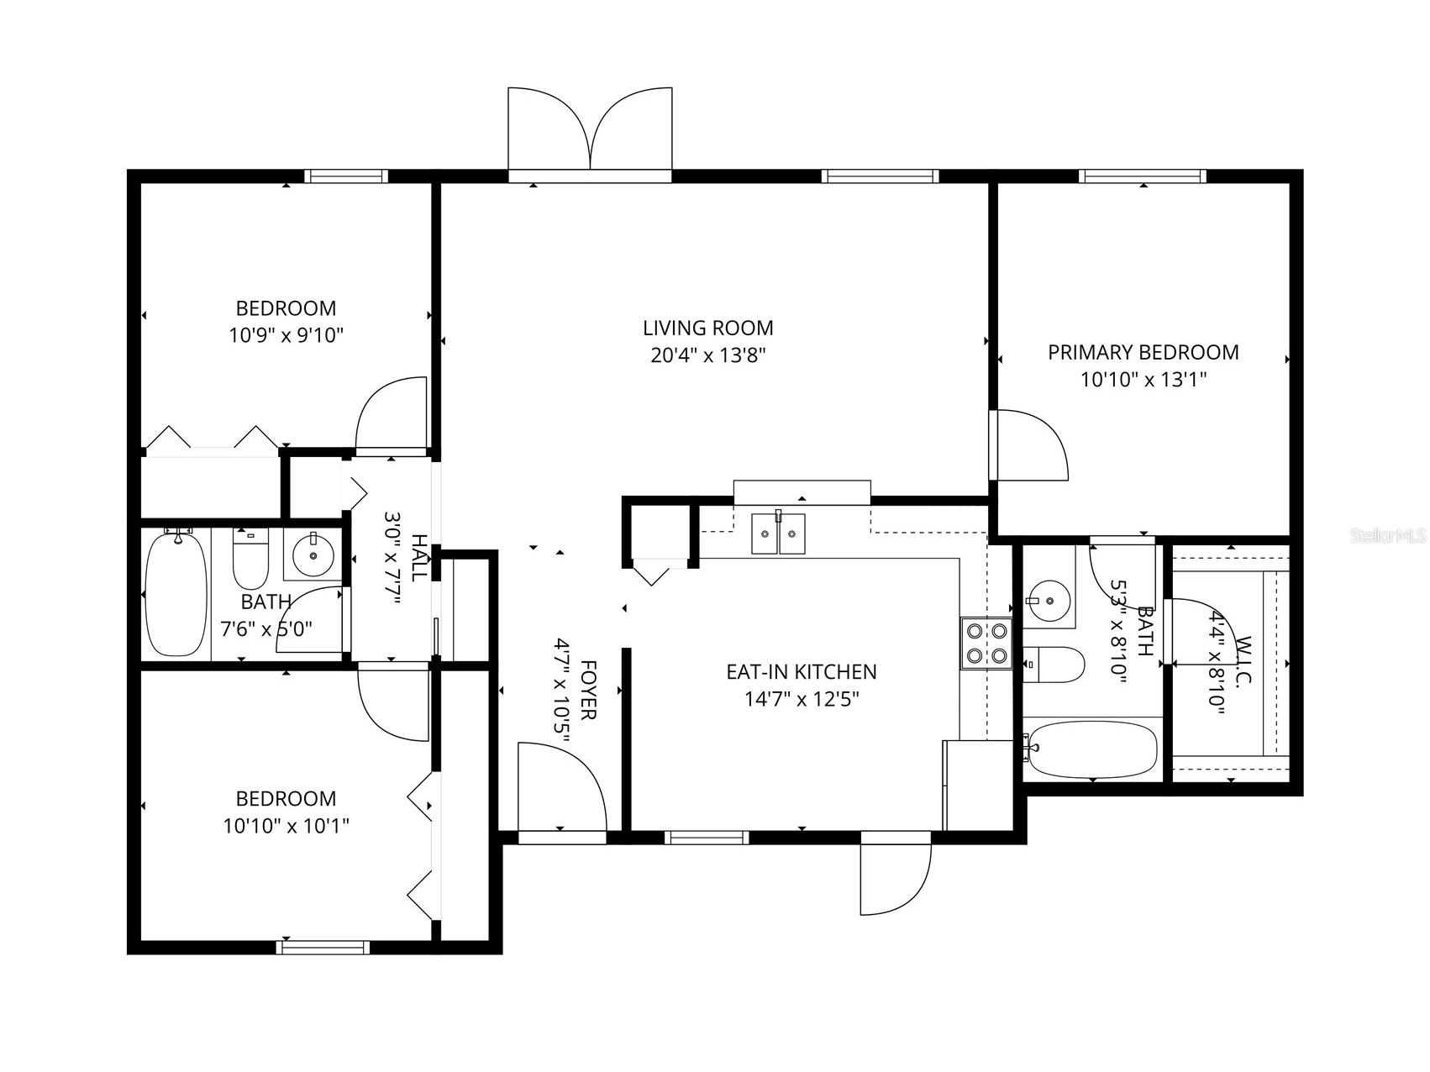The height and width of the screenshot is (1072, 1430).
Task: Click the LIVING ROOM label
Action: pyautogui.click(x=707, y=328)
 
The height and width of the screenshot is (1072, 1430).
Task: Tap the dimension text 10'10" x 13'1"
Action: pyautogui.click(x=1143, y=380)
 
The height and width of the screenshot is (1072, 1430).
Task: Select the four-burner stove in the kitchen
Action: pyautogui.click(x=986, y=643)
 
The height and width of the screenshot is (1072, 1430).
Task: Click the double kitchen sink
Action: pyautogui.click(x=778, y=533)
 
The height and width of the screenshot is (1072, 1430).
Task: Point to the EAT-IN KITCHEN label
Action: pyautogui.click(x=801, y=672)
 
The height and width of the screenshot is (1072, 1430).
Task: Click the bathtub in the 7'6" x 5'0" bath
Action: pyautogui.click(x=176, y=594)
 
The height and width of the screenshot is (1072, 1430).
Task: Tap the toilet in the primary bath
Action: pyautogui.click(x=1054, y=664)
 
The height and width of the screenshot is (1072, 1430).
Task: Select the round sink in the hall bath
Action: pyautogui.click(x=313, y=554)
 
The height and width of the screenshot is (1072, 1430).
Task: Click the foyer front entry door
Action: pyautogui.click(x=561, y=790)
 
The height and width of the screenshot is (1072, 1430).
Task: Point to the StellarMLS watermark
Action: pyautogui.click(x=1388, y=535)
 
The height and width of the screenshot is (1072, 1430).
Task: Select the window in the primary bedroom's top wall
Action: pyautogui.click(x=1142, y=176)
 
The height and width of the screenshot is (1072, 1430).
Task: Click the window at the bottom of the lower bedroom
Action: pyautogui.click(x=323, y=947)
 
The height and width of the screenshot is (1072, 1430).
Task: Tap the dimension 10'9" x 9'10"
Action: pyautogui.click(x=286, y=336)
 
